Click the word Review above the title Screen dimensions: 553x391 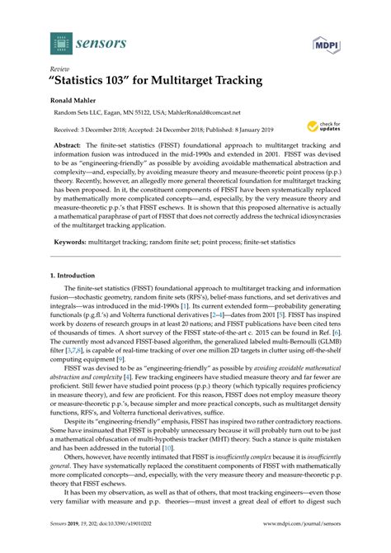[59, 69]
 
